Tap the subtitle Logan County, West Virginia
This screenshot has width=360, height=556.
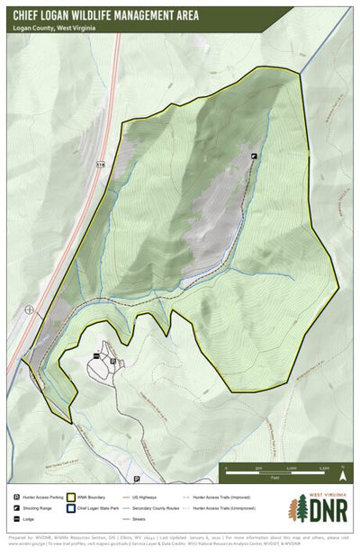point(55,27)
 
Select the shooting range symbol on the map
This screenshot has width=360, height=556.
point(254,156)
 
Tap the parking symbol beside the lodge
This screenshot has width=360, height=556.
point(112,361)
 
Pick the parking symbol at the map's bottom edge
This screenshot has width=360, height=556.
point(135,480)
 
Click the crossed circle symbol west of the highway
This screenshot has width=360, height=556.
point(30,309)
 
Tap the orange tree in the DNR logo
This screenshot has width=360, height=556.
point(292,510)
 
